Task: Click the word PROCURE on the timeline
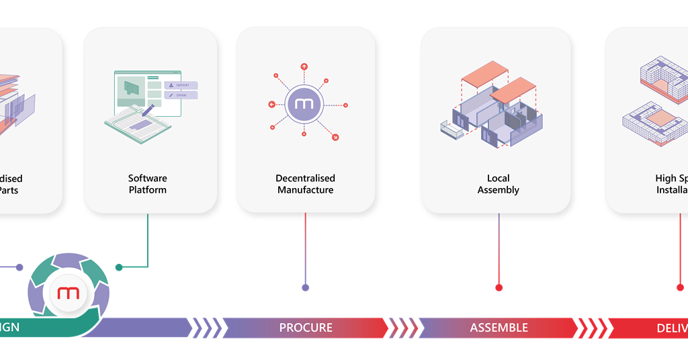tap(306, 328)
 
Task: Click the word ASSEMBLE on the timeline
tap(499, 328)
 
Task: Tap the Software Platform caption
tap(148, 184)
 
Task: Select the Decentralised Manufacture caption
tap(306, 184)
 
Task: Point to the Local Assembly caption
tap(499, 184)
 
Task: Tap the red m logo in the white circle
tap(69, 294)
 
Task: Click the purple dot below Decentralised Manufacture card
tap(306, 287)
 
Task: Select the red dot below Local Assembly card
tap(499, 287)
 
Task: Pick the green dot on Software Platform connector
tap(119, 267)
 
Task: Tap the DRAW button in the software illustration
tap(181, 95)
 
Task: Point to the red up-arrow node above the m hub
tap(304, 66)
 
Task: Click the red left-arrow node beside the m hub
tap(271, 104)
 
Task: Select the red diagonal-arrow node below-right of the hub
tap(335, 137)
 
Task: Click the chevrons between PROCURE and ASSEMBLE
tap(402, 328)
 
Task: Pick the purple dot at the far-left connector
tap(19, 267)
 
